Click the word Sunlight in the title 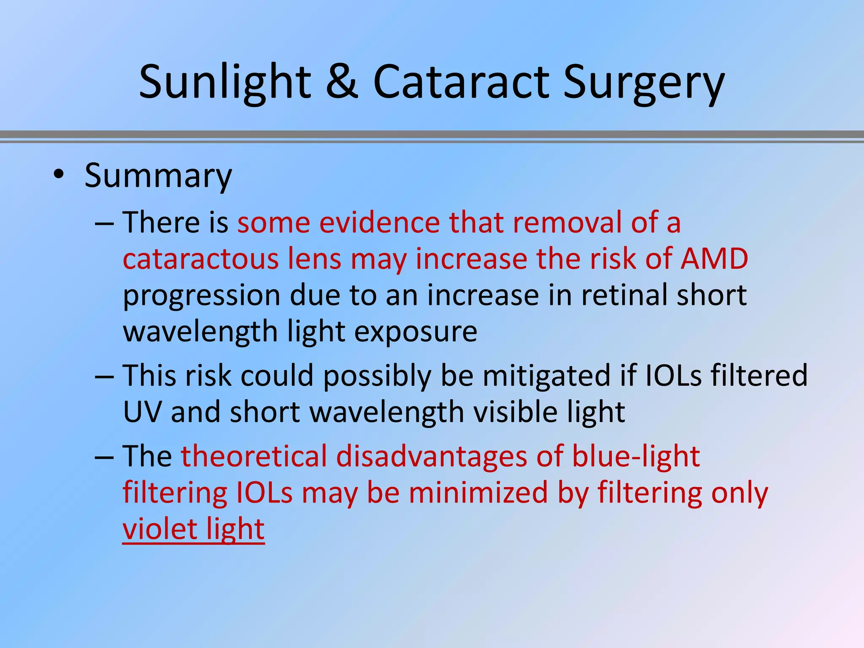(x=225, y=82)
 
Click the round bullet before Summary (x=59, y=175)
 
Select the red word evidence (x=379, y=222)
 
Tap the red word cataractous (x=200, y=259)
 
